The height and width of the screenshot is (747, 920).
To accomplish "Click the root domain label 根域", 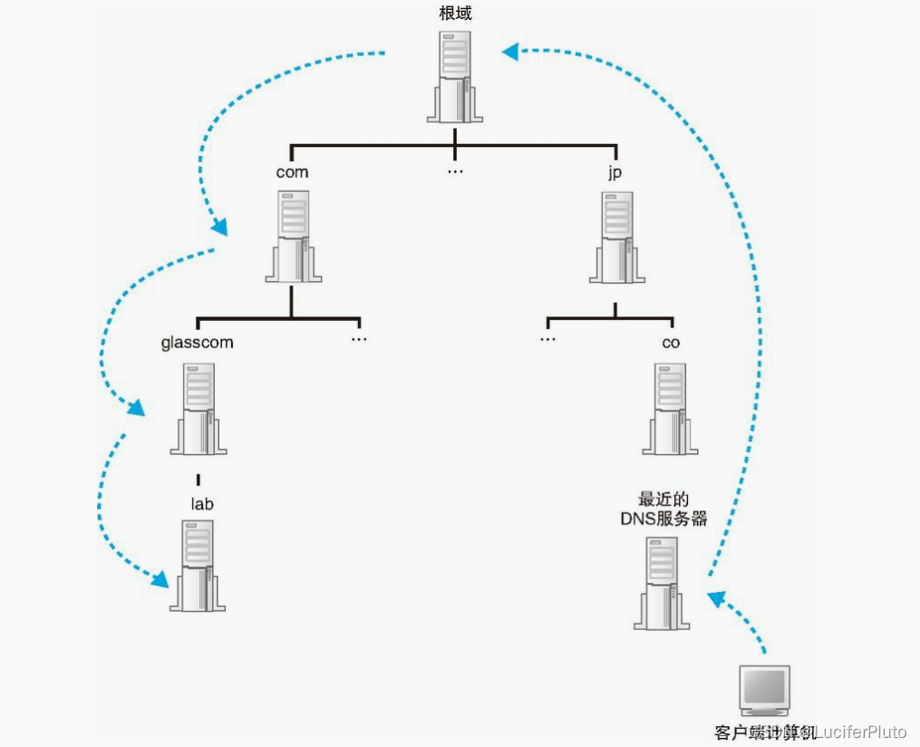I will (454, 14).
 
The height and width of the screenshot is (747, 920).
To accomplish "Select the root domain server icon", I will (454, 76).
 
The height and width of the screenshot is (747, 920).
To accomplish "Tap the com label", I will (292, 172).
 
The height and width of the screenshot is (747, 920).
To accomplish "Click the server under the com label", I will (292, 236).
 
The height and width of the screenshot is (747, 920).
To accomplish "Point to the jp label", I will (615, 172).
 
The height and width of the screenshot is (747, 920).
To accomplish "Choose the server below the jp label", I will (617, 236).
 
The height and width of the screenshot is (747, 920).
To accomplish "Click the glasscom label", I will (197, 343).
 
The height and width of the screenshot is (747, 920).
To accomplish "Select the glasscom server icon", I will (198, 408).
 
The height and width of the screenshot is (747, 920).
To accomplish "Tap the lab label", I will (201, 503).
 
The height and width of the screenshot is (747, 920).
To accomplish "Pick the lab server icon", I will (198, 566).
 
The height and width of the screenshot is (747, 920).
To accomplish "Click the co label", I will (671, 343).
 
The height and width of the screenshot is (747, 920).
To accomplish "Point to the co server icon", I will (671, 408).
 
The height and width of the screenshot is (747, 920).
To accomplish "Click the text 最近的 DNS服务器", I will (663, 509).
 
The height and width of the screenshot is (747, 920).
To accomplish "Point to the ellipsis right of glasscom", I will (359, 339).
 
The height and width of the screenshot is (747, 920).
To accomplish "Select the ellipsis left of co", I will (547, 339).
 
